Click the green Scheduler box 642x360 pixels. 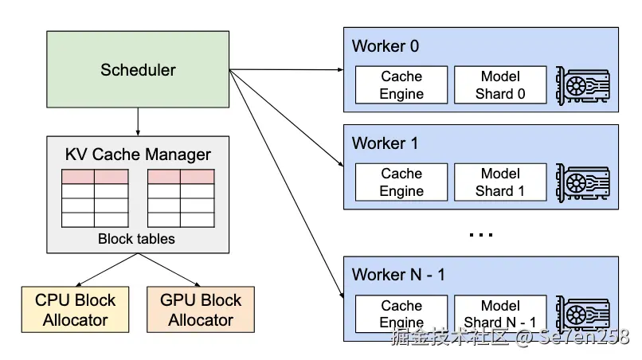click(138, 70)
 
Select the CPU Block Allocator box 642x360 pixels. click(75, 310)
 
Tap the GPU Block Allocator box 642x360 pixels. click(201, 310)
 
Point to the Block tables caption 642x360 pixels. click(137, 238)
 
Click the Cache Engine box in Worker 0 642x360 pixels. click(401, 85)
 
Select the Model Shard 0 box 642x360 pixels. click(500, 85)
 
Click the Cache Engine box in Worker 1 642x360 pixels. click(401, 182)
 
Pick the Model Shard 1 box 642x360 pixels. click(500, 182)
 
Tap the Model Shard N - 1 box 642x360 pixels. click(500, 314)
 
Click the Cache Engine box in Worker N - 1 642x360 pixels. click(401, 314)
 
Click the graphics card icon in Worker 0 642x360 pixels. click(583, 85)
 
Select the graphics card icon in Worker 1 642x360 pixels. click(583, 182)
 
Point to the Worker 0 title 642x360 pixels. click(386, 46)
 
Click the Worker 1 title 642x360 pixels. click(386, 144)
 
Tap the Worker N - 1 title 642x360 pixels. click(398, 276)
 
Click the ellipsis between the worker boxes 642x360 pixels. click(481, 235)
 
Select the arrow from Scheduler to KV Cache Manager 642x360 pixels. click(138, 121)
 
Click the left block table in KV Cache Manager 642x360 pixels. click(95, 198)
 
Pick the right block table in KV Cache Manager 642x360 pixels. click(181, 198)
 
